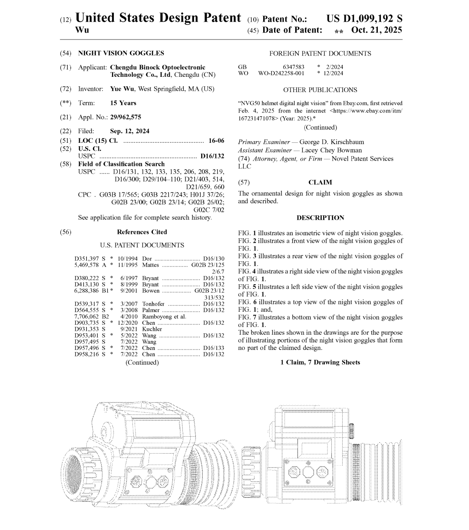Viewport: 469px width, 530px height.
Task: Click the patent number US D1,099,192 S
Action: click(364, 19)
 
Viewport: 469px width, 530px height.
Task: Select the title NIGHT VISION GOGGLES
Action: click(121, 53)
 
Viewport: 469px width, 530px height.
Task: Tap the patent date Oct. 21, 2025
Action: click(377, 30)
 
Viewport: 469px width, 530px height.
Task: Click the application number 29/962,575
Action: click(126, 117)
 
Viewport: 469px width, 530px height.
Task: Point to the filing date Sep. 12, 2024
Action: click(129, 131)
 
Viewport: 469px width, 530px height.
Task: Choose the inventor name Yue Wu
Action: click(122, 89)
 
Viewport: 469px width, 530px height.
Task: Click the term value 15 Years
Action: click(123, 103)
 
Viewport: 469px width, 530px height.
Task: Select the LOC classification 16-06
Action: click(216, 141)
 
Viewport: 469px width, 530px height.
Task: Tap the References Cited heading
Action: click(142, 232)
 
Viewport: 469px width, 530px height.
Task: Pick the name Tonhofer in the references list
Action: click(153, 304)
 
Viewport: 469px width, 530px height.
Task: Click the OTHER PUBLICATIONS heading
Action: click(320, 90)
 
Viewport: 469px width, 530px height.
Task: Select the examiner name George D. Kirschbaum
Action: click(332, 142)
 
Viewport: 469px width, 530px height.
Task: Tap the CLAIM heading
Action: click(320, 182)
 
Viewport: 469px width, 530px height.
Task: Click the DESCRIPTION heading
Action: click(320, 218)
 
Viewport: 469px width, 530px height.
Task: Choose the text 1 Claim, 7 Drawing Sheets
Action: click(320, 362)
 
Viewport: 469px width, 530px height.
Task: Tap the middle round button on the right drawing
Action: click(308, 471)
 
